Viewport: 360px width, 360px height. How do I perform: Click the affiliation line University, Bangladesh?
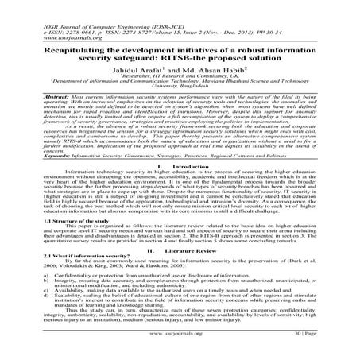tap(180, 87)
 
